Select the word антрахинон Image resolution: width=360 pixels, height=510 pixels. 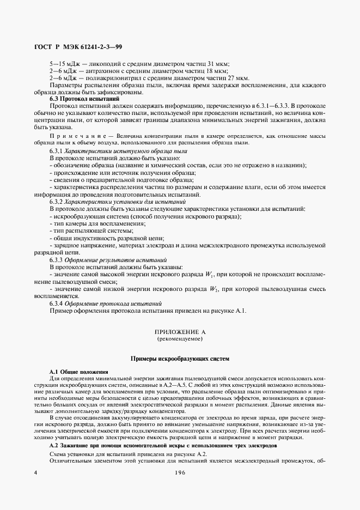[97, 71]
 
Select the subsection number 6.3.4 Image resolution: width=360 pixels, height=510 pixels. [57, 303]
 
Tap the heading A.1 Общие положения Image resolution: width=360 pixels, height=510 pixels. [78, 372]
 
